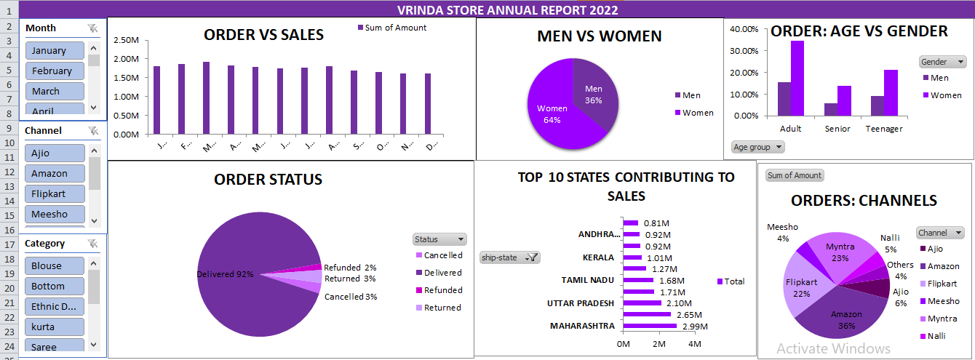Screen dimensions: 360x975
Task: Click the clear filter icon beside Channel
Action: tap(92, 130)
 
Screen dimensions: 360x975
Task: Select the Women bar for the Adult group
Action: tap(797, 78)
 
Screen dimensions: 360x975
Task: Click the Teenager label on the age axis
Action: tap(883, 129)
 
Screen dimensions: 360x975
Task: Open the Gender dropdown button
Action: tap(943, 62)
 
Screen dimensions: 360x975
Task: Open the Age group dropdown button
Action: tap(757, 147)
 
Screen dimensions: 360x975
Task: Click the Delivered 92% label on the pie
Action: tap(225, 274)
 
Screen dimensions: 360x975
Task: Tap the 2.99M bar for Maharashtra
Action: tap(650, 326)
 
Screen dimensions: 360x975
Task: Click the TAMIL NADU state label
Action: tap(589, 280)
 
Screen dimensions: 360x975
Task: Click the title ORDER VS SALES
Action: tap(263, 34)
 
